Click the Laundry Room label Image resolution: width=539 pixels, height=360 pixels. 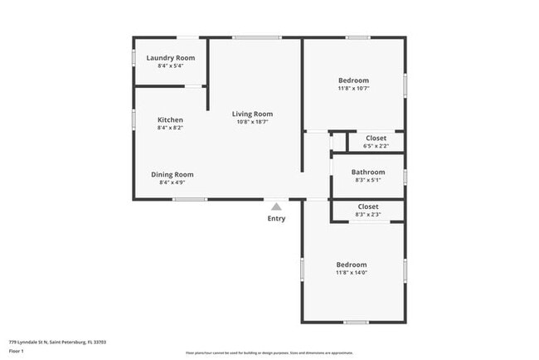[x=171, y=58]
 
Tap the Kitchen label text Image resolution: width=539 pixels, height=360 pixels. [x=170, y=119]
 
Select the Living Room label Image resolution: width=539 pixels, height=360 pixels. [x=252, y=114]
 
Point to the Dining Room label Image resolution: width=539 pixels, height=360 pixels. [x=172, y=174]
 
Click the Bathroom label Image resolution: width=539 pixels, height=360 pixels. [x=368, y=172]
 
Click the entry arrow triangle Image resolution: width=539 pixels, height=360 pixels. [x=276, y=204]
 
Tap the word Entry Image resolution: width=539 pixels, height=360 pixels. [x=276, y=218]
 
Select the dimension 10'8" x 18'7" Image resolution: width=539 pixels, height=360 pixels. [x=252, y=122]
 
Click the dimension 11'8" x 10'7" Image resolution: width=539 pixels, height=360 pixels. [x=353, y=88]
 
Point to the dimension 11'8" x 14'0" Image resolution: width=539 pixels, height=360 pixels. [x=352, y=272]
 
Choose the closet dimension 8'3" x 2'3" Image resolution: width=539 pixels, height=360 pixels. [x=368, y=215]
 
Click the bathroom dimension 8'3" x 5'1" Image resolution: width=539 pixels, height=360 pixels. [x=368, y=180]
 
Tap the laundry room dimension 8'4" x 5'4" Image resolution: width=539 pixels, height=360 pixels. [x=171, y=66]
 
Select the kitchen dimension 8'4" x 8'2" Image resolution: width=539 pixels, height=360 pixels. [x=170, y=128]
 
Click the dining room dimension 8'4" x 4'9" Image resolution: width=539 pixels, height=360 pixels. [x=172, y=182]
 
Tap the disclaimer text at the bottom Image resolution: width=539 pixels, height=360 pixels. [x=269, y=353]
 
